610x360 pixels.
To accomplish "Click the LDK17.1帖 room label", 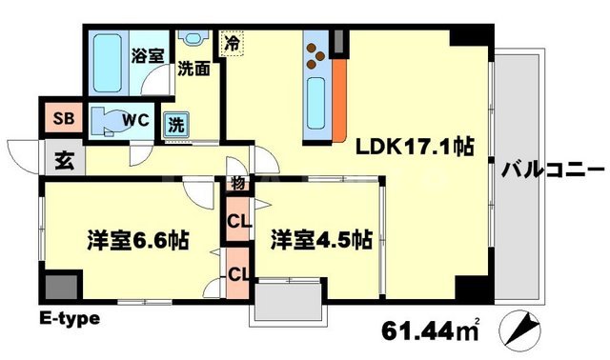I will [415, 148].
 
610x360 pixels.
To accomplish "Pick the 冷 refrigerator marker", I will [233, 42].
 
